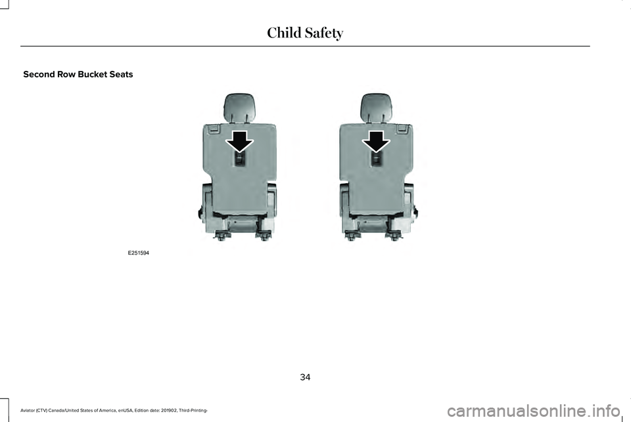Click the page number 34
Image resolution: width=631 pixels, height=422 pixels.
click(x=305, y=377)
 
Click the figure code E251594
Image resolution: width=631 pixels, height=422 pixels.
click(x=139, y=253)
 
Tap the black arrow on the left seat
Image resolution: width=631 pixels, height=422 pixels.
click(x=239, y=142)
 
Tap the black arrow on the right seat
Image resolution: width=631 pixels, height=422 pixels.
click(x=376, y=142)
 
